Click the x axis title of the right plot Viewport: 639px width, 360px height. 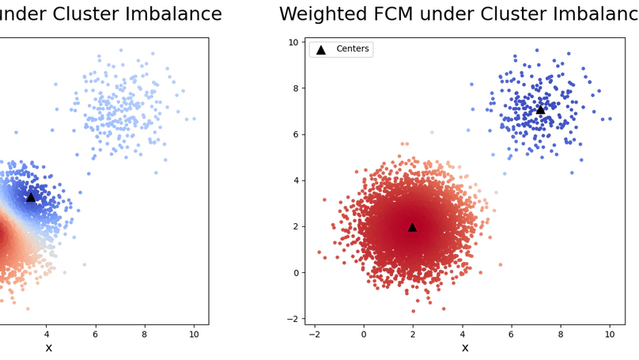(465, 348)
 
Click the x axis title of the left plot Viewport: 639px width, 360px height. (48, 348)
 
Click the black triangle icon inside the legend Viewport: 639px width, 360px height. (321, 50)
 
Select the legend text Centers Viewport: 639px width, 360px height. (352, 49)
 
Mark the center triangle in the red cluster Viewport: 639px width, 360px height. (412, 227)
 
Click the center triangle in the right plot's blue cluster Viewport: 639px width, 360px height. (540, 110)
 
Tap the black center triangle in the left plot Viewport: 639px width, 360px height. (31, 197)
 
